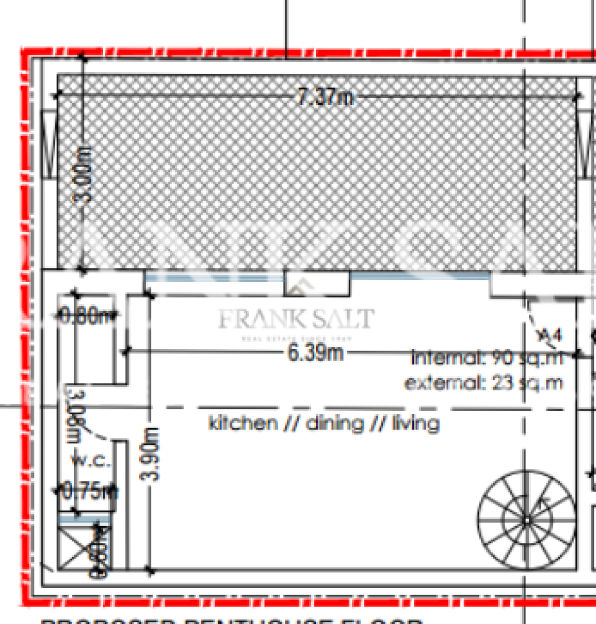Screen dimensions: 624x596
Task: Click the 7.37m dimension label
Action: [325, 96]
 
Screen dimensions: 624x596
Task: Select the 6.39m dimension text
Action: [315, 352]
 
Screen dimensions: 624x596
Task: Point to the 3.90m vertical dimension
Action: [150, 454]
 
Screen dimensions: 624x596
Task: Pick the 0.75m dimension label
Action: [88, 491]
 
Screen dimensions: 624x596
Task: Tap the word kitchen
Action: [243, 423]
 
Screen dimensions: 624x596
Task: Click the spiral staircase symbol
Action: [526, 519]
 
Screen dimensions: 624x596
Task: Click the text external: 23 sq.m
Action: [483, 383]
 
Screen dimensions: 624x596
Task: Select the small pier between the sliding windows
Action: [317, 283]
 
